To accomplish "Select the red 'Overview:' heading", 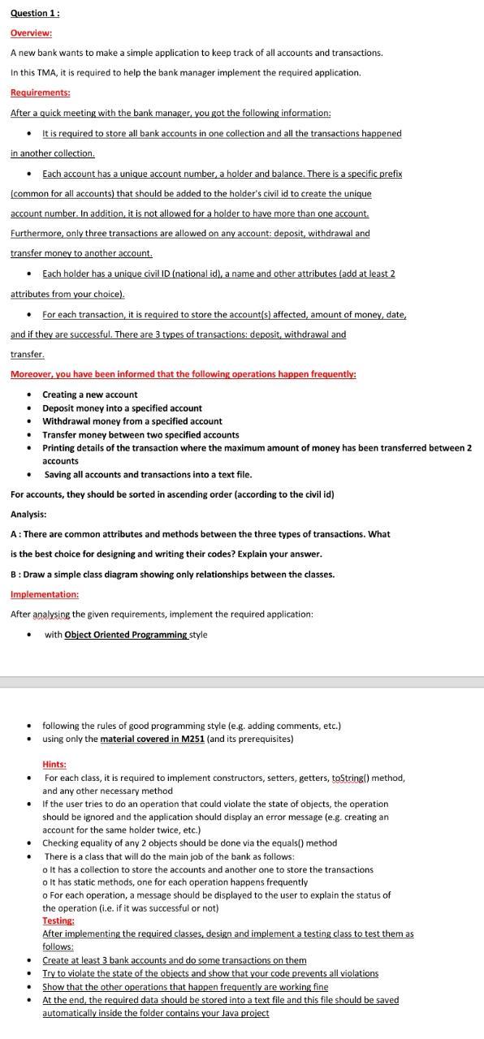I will [x=31, y=32].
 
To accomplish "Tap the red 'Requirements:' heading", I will [x=40, y=93].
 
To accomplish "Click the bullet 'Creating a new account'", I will [x=89, y=394].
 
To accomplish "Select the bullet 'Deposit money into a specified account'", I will [x=122, y=408].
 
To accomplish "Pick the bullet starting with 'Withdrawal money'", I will [x=132, y=421].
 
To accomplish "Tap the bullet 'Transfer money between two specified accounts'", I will [x=140, y=434].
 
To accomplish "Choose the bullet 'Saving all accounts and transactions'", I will [x=148, y=474].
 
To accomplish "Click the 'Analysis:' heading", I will [x=28, y=514].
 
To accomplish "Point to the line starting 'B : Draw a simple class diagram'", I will [x=172, y=574].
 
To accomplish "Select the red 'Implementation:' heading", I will [x=45, y=594].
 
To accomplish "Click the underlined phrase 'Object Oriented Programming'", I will [x=126, y=635].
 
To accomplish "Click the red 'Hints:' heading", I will [x=54, y=765].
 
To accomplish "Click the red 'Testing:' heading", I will [x=58, y=920].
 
